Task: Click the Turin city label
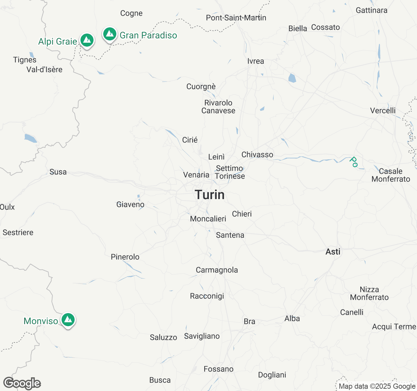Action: click(x=210, y=195)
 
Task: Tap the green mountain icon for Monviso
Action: click(x=68, y=320)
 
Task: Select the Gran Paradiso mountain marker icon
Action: click(x=110, y=34)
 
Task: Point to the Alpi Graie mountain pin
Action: click(x=87, y=40)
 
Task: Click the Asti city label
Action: click(x=333, y=252)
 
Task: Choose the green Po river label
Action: click(x=353, y=162)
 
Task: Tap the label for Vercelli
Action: click(x=383, y=110)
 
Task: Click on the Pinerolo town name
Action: click(x=125, y=257)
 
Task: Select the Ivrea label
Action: click(x=256, y=61)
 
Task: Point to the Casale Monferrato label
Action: click(x=391, y=175)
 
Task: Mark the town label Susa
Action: click(x=58, y=172)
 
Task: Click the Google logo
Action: click(x=22, y=383)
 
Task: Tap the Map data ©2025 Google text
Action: click(x=377, y=386)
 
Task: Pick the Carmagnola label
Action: click(x=217, y=270)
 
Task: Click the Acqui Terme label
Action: click(x=394, y=326)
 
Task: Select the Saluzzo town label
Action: click(x=163, y=337)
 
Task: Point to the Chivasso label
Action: click(x=257, y=154)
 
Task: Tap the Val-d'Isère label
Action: click(x=44, y=69)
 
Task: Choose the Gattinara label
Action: click(x=371, y=10)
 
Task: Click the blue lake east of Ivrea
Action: click(x=292, y=78)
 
